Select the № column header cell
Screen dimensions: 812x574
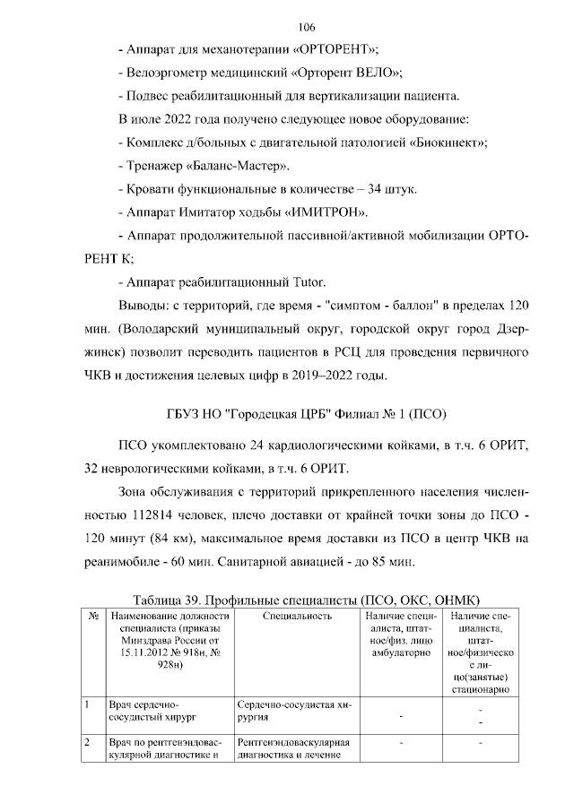tap(93, 616)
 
